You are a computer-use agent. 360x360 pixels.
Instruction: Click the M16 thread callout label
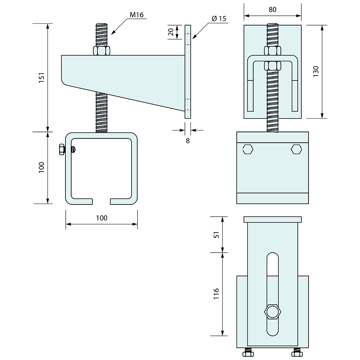point(136,15)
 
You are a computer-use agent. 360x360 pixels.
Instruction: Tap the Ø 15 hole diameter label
point(219,18)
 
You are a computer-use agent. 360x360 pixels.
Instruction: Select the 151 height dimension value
point(41,78)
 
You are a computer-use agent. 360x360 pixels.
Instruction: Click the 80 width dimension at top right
point(273,9)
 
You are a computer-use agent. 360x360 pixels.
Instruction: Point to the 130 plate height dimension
point(316,71)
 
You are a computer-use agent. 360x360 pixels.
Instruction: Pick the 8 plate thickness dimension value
point(188,141)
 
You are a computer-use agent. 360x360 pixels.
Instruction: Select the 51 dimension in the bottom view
point(217,235)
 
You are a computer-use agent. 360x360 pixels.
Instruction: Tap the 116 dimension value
point(216,294)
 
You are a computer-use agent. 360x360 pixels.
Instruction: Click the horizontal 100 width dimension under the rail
point(102,218)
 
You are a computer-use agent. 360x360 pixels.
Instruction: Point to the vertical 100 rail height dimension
point(41,167)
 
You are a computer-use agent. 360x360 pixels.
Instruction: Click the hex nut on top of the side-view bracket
point(101,51)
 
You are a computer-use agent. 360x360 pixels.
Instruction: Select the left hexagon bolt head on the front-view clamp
point(248,150)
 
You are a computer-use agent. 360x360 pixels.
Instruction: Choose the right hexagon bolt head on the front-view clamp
point(297,150)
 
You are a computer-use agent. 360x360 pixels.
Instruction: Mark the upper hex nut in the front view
point(273,51)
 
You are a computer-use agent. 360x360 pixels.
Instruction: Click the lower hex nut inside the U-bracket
point(273,66)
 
